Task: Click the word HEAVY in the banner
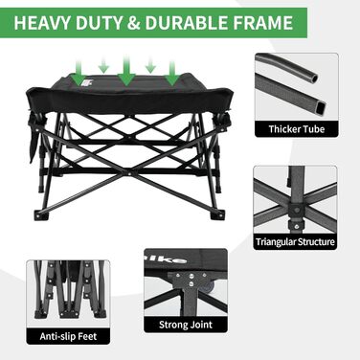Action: click(x=40, y=23)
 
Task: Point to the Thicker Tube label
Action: click(x=297, y=129)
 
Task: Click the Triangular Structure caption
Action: click(x=295, y=242)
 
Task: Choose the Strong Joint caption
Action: click(x=186, y=325)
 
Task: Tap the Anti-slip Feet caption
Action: click(x=68, y=336)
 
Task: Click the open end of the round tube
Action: click(x=315, y=78)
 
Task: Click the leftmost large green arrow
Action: click(x=79, y=74)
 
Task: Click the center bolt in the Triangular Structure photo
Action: click(x=297, y=210)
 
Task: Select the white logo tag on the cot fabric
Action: click(x=86, y=82)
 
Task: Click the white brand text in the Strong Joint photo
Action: click(x=173, y=259)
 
